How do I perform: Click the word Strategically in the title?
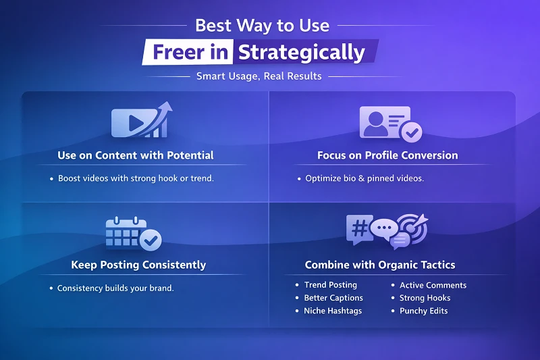pos(302,52)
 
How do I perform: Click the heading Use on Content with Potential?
pos(136,155)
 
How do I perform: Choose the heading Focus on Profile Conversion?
pos(387,155)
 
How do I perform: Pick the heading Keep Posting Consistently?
pos(138,265)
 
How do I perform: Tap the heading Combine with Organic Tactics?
pos(380,265)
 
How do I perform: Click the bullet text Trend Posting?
pos(331,285)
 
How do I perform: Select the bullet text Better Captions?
pos(333,298)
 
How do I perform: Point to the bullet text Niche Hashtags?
pos(333,311)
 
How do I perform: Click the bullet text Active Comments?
pos(433,285)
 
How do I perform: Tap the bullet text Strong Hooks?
pos(425,298)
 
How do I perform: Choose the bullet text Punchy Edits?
pos(423,311)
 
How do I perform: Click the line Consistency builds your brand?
pos(115,288)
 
